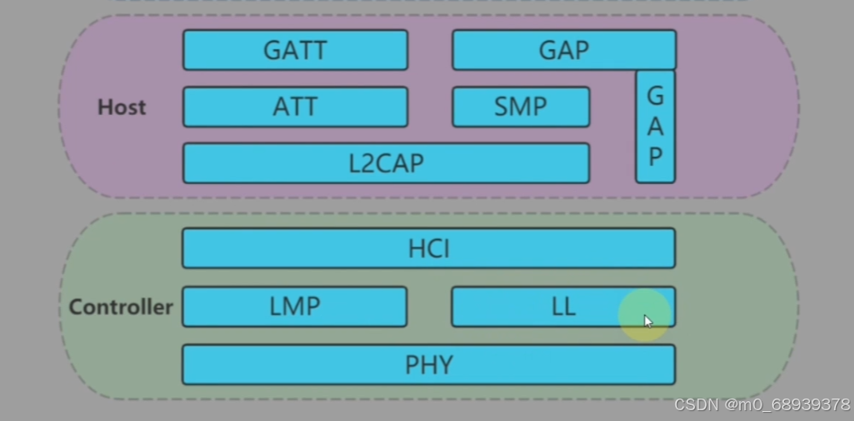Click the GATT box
coord(295,50)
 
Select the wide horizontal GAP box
coord(563,50)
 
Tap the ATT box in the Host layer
coord(295,107)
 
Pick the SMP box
coord(520,107)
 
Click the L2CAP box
coord(385,163)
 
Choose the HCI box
coord(428,249)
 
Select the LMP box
coord(295,307)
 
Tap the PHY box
coord(428,365)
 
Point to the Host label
coord(121,108)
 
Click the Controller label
coord(120,307)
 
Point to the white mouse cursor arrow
coord(647,320)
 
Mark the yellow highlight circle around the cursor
coord(645,314)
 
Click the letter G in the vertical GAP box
coord(656,96)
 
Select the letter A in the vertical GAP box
coord(656,126)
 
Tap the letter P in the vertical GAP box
coord(656,156)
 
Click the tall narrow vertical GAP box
coord(656,127)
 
